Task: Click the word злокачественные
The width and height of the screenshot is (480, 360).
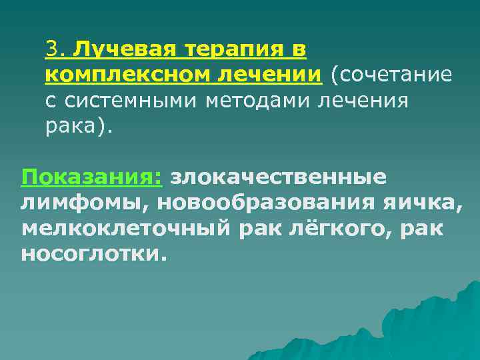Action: tap(278, 177)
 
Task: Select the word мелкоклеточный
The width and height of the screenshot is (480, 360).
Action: tap(125, 228)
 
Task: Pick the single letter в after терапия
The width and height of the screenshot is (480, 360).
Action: tap(299, 49)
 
